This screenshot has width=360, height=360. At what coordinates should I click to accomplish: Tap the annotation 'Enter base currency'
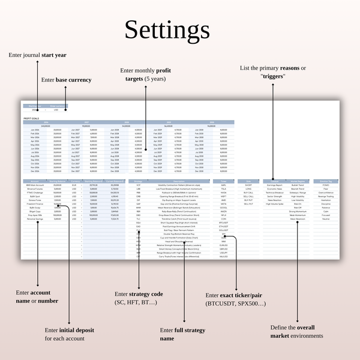[66, 80]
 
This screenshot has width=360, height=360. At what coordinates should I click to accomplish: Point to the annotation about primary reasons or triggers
[273, 72]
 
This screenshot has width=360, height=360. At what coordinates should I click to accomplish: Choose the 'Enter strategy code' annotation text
[139, 298]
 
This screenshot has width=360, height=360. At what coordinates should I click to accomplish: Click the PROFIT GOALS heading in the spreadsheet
[31, 119]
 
